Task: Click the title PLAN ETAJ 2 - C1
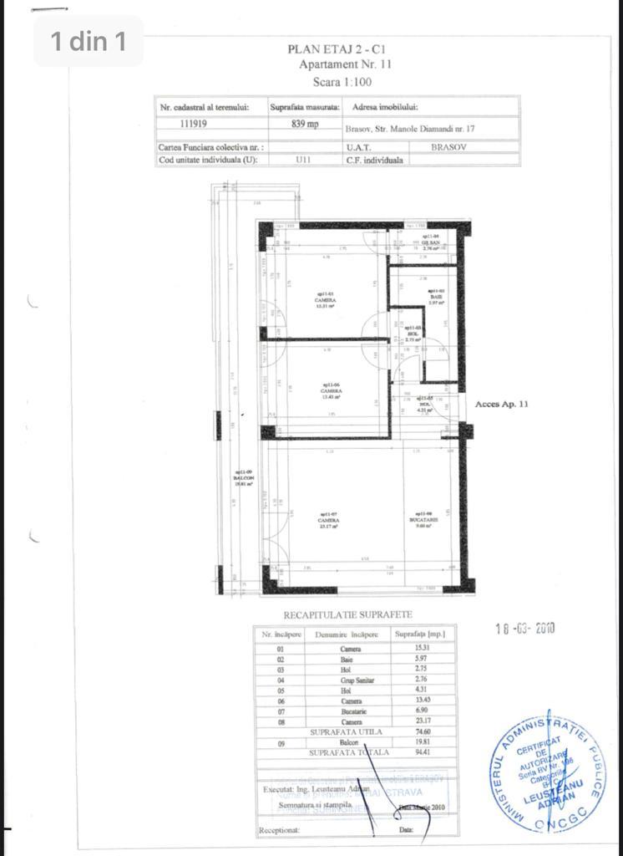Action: coord(342,49)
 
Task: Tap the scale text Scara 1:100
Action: coord(342,82)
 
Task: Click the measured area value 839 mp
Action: coord(305,124)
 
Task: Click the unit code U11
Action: coord(303,160)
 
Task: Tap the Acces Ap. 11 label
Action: coord(502,404)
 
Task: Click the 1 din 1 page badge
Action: coord(88,41)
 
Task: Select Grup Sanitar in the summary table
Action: coord(352,680)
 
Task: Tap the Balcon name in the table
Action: coord(352,742)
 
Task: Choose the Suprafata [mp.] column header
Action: coord(419,634)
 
